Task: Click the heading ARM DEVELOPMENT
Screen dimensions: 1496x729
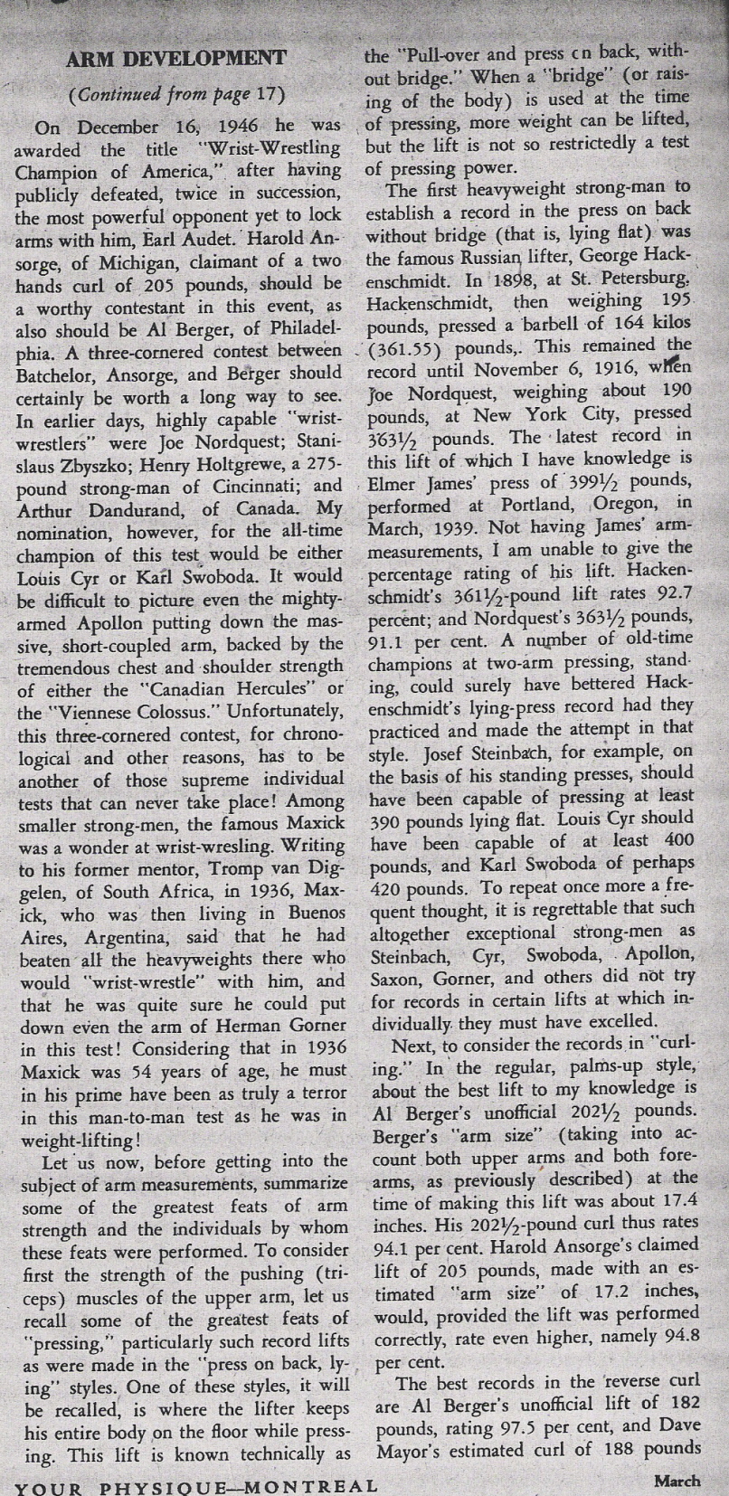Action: click(175, 60)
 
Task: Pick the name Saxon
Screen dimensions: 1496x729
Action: click(395, 978)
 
